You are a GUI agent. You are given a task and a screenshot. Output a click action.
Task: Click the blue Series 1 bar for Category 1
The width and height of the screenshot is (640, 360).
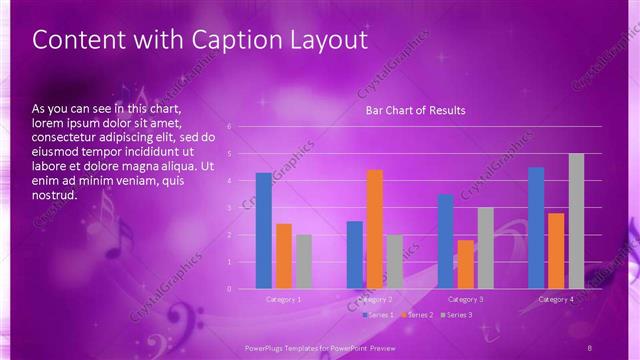[263, 231]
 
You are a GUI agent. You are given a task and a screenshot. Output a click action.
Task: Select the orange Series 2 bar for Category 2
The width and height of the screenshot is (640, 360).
[375, 229]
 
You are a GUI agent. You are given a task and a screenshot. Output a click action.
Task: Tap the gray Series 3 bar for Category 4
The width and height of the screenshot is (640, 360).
[576, 221]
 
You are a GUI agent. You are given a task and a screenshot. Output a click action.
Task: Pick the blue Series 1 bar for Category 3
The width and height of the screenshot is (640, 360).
[446, 241]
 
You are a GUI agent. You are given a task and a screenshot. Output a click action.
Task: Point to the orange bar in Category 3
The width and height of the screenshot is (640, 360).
[465, 264]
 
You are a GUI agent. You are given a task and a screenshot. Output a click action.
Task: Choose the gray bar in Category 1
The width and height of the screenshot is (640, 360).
[304, 261]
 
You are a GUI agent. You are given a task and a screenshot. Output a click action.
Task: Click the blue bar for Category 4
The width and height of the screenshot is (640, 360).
[536, 228]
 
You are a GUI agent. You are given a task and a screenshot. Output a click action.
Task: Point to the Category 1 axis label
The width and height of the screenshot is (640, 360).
[284, 299]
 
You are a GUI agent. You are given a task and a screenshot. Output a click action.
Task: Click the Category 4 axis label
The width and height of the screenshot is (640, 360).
[556, 299]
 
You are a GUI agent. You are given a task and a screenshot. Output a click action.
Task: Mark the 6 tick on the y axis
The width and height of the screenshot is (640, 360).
[230, 127]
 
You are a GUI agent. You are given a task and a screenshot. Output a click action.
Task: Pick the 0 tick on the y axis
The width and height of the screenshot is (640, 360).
[230, 289]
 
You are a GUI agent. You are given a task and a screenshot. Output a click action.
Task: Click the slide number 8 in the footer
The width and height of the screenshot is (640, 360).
[590, 346]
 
